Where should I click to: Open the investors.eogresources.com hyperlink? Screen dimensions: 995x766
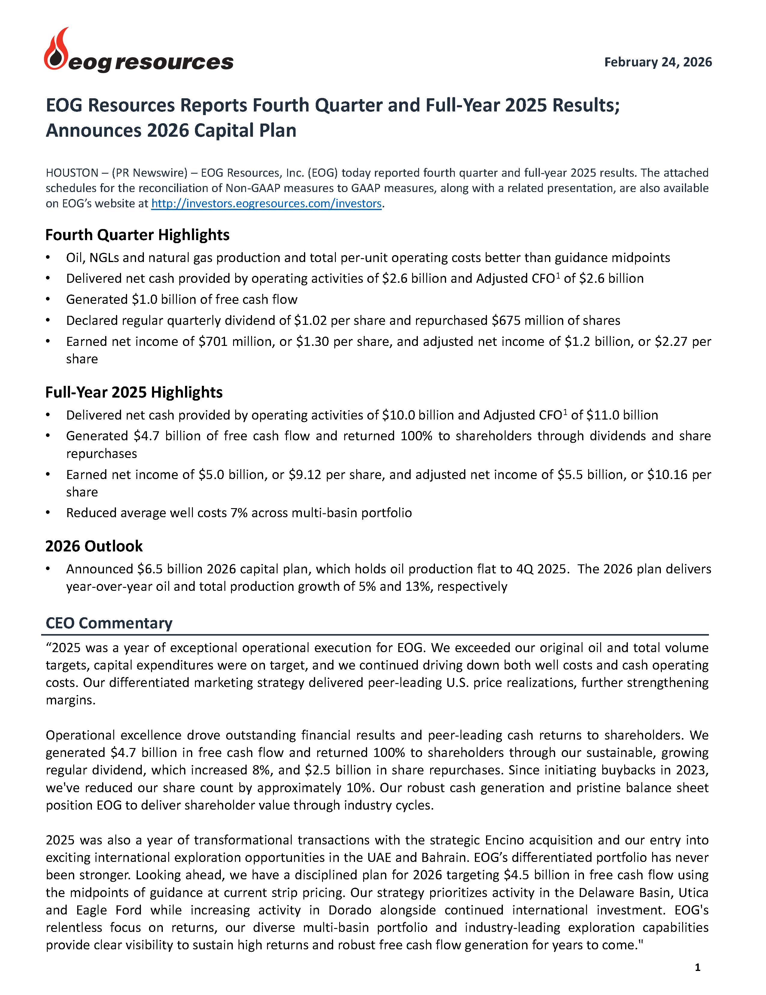(x=266, y=204)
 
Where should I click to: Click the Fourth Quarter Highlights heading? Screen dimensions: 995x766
(x=137, y=235)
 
